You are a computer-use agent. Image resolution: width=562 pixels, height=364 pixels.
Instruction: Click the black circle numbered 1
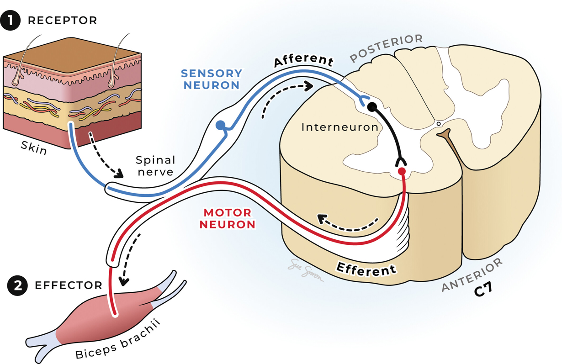pos(11,21)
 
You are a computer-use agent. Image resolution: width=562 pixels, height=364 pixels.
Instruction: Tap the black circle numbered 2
pos(17,285)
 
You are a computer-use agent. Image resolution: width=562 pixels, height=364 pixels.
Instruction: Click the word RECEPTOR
pos(63,21)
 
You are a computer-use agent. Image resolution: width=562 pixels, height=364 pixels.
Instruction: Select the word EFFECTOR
pos(69,285)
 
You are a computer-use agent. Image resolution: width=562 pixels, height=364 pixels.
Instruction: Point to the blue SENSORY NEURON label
pos(212,79)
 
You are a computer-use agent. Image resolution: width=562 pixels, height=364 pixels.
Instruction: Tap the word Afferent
pos(303,61)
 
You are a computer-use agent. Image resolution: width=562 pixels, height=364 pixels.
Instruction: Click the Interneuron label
pos(340,127)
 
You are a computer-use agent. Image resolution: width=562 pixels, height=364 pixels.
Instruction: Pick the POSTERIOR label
pos(386,48)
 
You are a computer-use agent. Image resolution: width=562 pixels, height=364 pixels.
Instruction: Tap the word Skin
pos(34,148)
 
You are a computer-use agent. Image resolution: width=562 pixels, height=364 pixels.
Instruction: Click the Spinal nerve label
pos(155,166)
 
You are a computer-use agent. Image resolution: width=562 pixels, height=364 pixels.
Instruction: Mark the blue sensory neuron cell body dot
pos(221,125)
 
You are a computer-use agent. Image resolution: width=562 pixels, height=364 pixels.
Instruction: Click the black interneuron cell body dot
pos(372,107)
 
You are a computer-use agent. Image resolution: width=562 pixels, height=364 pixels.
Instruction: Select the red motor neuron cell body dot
pos(402,171)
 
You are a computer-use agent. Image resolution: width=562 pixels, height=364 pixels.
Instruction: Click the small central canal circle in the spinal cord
pos(439,124)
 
